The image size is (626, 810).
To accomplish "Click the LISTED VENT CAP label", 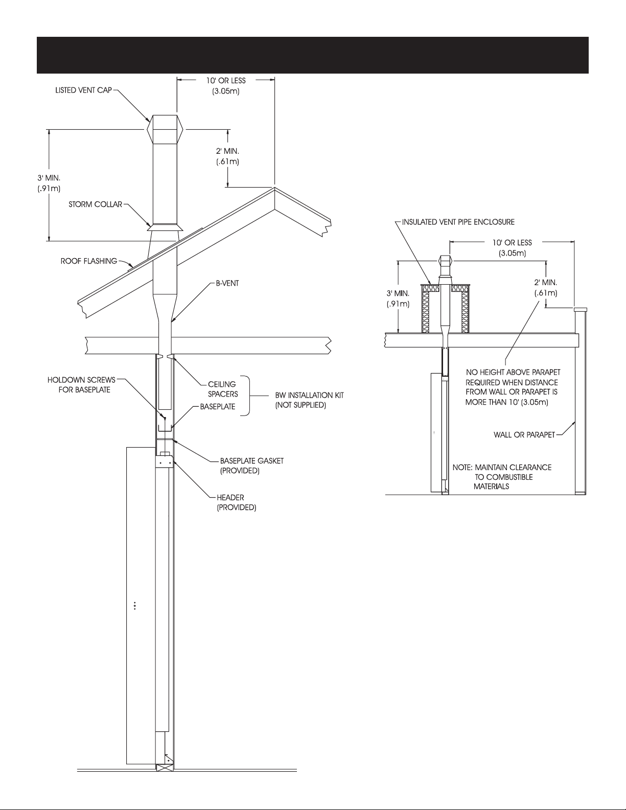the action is click(83, 90).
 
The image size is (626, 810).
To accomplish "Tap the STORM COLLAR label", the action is click(96, 204).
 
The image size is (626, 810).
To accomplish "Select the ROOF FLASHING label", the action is click(89, 261).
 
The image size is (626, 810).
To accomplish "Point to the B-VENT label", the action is click(227, 283).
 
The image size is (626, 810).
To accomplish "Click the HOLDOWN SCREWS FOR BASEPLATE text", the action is click(81, 385).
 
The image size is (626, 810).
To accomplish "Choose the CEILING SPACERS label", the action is click(222, 389).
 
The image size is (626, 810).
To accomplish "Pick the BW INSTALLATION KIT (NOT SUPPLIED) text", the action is click(309, 400).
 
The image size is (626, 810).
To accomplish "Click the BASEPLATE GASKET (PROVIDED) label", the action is click(251, 466).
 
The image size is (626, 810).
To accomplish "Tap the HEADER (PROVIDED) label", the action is click(236, 502).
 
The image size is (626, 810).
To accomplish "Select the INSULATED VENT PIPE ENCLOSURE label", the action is click(458, 222).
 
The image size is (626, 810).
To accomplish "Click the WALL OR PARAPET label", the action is click(524, 434).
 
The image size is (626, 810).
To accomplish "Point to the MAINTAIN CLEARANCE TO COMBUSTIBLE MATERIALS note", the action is click(502, 477).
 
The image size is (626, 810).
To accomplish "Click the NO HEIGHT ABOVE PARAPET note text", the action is click(513, 387).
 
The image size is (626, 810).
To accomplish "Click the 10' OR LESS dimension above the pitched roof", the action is click(226, 85).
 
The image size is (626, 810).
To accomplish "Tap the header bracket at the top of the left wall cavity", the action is click(165, 460).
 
